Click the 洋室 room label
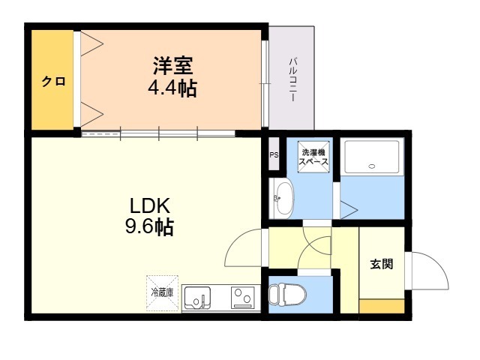pyautogui.click(x=173, y=65)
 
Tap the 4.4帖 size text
pyautogui.click(x=172, y=88)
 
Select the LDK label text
pyautogui.click(x=150, y=205)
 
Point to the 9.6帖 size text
pyautogui.click(x=150, y=226)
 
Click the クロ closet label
pyautogui.click(x=53, y=82)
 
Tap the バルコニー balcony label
pyautogui.click(x=293, y=79)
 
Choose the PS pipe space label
pyautogui.click(x=274, y=155)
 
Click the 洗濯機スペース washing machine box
pyautogui.click(x=313, y=157)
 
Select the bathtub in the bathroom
pyautogui.click(x=372, y=157)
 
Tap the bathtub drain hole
pyautogui.click(x=372, y=166)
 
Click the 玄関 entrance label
pyautogui.click(x=382, y=264)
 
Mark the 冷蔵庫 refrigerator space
pyautogui.click(x=162, y=293)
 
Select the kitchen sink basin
pyautogui.click(x=196, y=297)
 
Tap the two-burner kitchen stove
pyautogui.click(x=243, y=298)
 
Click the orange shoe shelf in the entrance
pyautogui.click(x=382, y=307)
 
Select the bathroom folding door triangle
pyautogui.click(x=349, y=210)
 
